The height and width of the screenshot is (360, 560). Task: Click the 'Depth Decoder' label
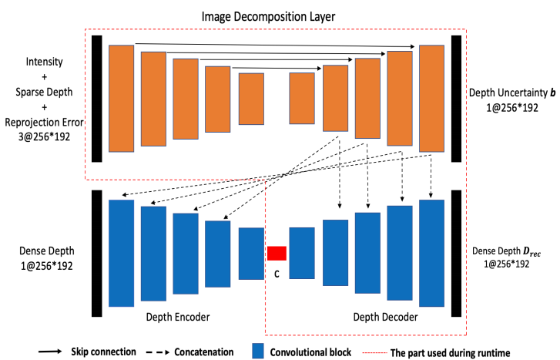pos(386,317)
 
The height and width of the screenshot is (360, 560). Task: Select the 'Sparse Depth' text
pos(44,90)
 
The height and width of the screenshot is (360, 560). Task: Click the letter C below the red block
pos(276,272)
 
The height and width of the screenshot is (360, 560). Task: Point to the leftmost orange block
pos(122,98)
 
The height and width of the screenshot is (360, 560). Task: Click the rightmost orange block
pos(431,99)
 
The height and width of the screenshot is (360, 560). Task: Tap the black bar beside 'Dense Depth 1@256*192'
pos(96,253)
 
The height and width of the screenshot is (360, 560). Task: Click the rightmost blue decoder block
pos(431,253)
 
